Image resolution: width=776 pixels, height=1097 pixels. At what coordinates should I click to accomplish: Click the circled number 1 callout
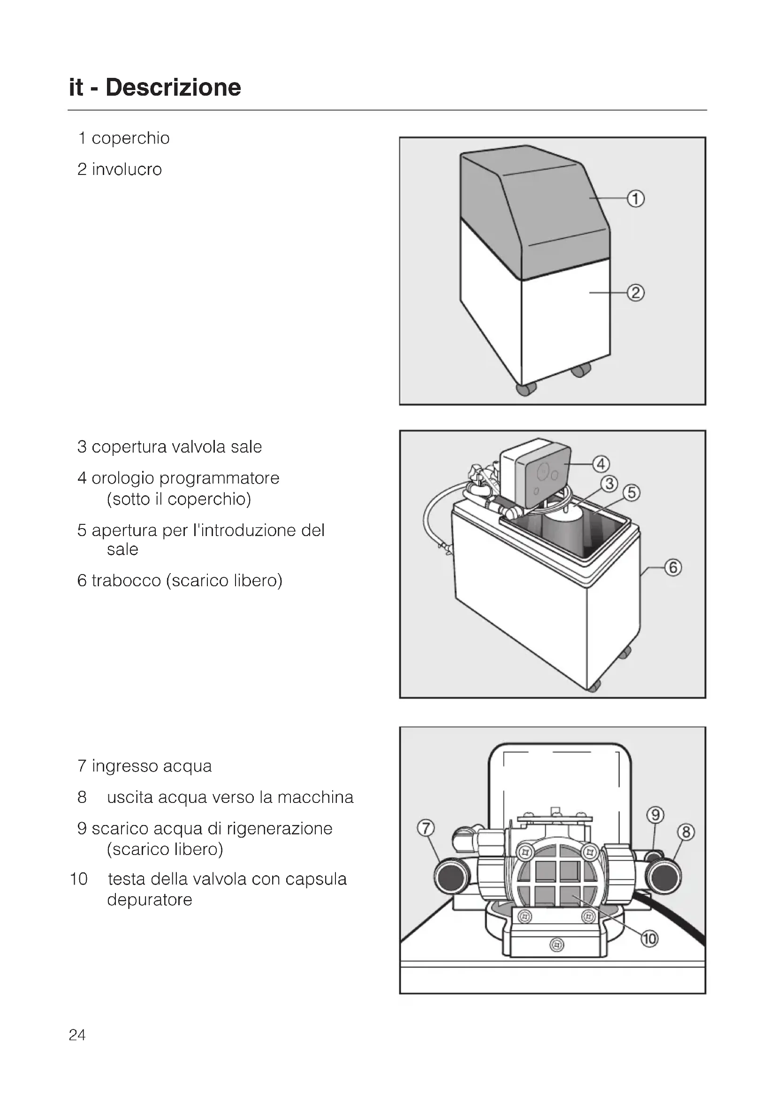[x=636, y=198]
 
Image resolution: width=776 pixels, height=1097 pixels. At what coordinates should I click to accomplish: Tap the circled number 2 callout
[x=636, y=292]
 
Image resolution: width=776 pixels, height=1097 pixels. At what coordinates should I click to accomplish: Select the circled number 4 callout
[x=601, y=463]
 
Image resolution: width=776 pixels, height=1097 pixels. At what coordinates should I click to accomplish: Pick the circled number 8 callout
[x=686, y=832]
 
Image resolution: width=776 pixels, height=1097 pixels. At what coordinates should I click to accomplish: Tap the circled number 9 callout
[x=655, y=815]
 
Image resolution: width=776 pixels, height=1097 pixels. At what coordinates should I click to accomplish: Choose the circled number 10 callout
[x=649, y=939]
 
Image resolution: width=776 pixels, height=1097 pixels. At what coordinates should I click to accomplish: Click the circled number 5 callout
[x=631, y=492]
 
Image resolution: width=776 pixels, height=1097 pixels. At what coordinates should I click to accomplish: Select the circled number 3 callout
[x=609, y=484]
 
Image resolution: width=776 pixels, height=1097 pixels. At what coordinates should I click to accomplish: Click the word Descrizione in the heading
[x=173, y=87]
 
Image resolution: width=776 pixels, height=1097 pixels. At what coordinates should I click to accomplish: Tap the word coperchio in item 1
[x=130, y=138]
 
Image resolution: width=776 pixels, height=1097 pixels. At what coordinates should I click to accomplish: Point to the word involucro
[x=127, y=169]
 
